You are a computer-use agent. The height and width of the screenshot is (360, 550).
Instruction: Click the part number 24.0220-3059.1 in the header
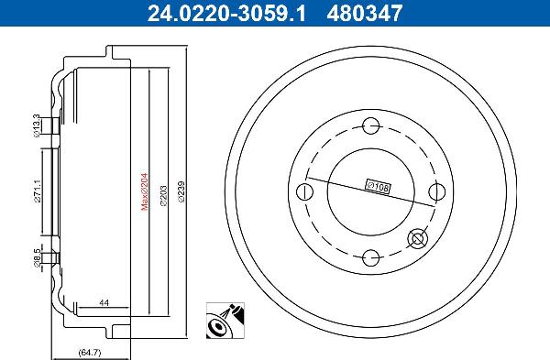click(x=226, y=13)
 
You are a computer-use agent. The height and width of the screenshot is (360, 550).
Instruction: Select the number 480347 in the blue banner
click(x=365, y=13)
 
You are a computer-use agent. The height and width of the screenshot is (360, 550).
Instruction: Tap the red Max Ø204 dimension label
click(x=145, y=191)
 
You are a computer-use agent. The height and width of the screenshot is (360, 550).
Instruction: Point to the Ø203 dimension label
click(x=163, y=195)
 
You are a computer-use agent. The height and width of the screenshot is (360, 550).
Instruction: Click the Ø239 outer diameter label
click(x=181, y=191)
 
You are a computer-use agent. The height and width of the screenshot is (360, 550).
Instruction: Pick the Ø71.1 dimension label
click(x=38, y=191)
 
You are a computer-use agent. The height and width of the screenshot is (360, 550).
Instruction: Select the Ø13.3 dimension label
click(x=37, y=125)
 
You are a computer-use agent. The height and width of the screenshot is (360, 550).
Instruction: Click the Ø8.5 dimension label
click(x=38, y=258)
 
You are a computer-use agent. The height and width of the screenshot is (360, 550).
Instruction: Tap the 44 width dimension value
click(x=104, y=302)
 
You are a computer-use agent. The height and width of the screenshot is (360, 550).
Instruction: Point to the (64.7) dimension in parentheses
click(x=90, y=353)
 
